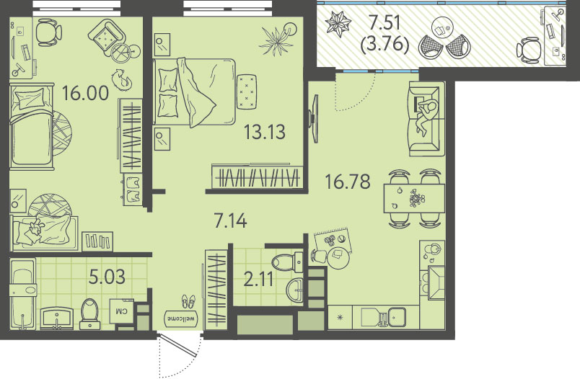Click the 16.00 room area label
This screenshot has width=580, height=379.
click(x=85, y=93)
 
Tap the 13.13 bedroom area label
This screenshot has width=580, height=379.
click(x=265, y=132)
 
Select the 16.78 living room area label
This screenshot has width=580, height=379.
click(x=347, y=182)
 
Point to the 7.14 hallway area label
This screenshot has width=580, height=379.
click(x=230, y=220)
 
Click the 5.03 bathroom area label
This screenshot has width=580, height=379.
click(x=107, y=276)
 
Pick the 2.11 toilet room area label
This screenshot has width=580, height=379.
click(x=258, y=279)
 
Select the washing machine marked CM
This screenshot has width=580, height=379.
click(x=122, y=311)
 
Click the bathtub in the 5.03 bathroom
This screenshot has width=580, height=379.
click(x=23, y=294)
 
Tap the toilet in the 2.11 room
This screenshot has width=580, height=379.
click(x=287, y=263)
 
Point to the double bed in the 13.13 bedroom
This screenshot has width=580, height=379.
click(x=194, y=92)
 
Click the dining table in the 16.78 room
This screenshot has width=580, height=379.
click(x=414, y=198)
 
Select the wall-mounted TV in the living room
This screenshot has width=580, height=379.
click(x=315, y=119)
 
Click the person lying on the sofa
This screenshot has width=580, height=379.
click(x=426, y=116)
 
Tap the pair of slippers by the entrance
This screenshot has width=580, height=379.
click(x=188, y=301)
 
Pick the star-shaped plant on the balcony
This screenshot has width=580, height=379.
click(x=338, y=24)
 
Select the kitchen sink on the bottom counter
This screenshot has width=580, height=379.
click(x=396, y=317)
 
